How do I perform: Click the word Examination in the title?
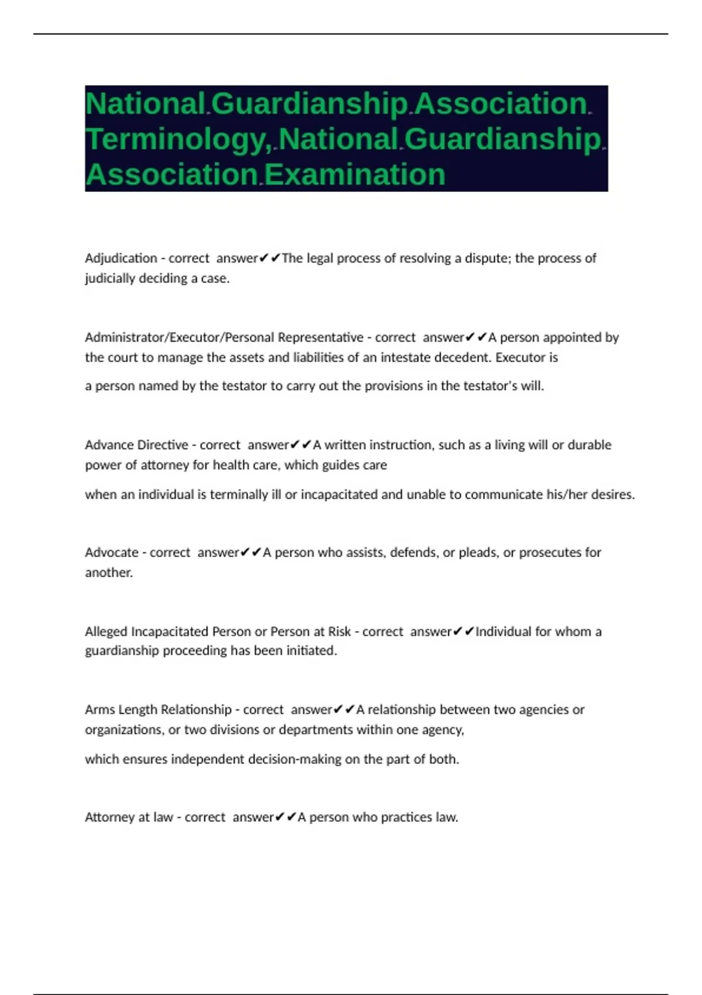(x=356, y=174)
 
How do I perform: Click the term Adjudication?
(x=121, y=258)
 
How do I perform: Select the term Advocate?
(x=111, y=553)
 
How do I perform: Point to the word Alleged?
(x=106, y=632)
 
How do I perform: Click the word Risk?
(x=339, y=632)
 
